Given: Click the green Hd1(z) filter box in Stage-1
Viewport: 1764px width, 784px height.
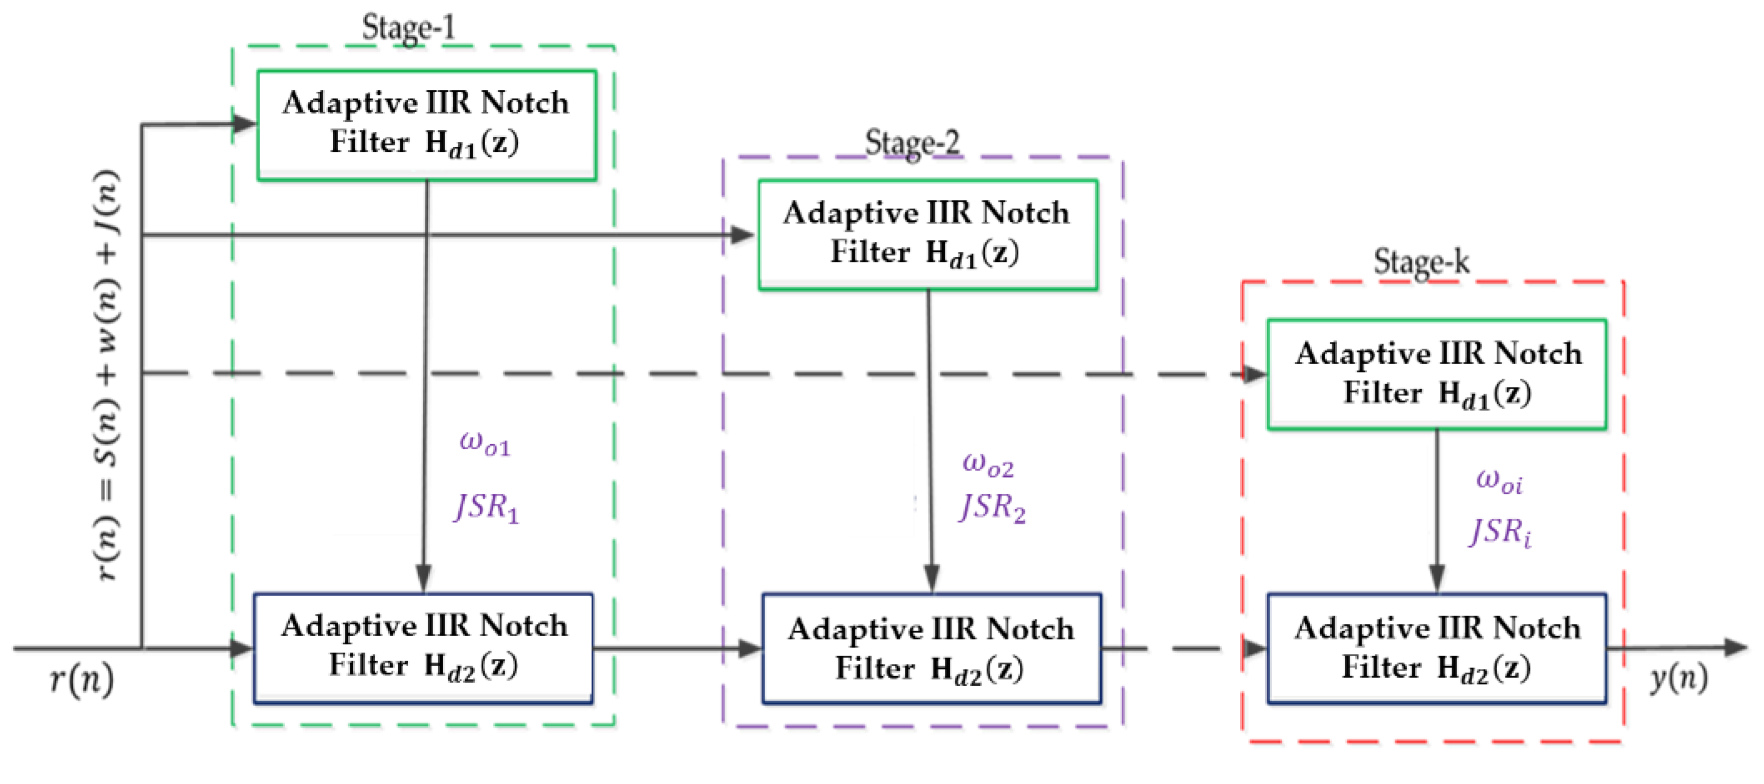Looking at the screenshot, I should [426, 125].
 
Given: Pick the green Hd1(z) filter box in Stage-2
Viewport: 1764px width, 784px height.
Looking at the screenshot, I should [927, 234].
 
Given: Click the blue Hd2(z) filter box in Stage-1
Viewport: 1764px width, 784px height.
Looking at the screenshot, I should [423, 648].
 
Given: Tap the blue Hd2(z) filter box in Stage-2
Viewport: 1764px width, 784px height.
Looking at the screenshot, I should [931, 648].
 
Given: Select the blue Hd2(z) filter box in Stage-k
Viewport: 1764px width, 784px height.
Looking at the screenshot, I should [1436, 648].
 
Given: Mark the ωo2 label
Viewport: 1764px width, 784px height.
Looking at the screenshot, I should [988, 465].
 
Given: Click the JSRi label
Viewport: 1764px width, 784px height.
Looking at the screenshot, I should [1500, 532].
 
